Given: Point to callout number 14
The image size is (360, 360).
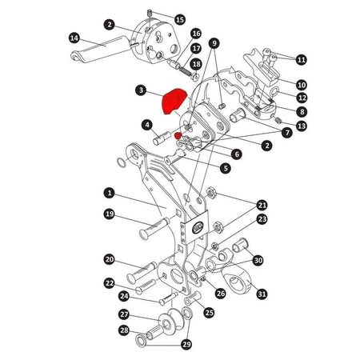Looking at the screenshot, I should [x=74, y=38].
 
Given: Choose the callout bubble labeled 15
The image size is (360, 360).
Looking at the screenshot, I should [x=179, y=18].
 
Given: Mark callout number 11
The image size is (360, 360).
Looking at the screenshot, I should [x=301, y=59].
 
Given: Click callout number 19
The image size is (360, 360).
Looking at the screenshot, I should [x=110, y=214].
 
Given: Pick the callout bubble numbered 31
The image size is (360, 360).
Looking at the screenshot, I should [x=262, y=294].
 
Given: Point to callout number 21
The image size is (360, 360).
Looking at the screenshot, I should [x=262, y=204].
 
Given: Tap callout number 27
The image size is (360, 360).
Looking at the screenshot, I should [x=124, y=314].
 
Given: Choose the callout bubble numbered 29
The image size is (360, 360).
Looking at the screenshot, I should [x=187, y=344].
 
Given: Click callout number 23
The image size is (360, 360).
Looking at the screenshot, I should [x=262, y=218].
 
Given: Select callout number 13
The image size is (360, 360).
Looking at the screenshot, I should [x=301, y=126].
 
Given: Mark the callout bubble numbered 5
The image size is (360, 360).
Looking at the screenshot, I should [x=226, y=168].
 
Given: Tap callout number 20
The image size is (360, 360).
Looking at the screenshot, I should [x=110, y=259].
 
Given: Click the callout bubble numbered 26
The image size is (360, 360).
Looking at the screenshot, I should [x=221, y=294].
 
